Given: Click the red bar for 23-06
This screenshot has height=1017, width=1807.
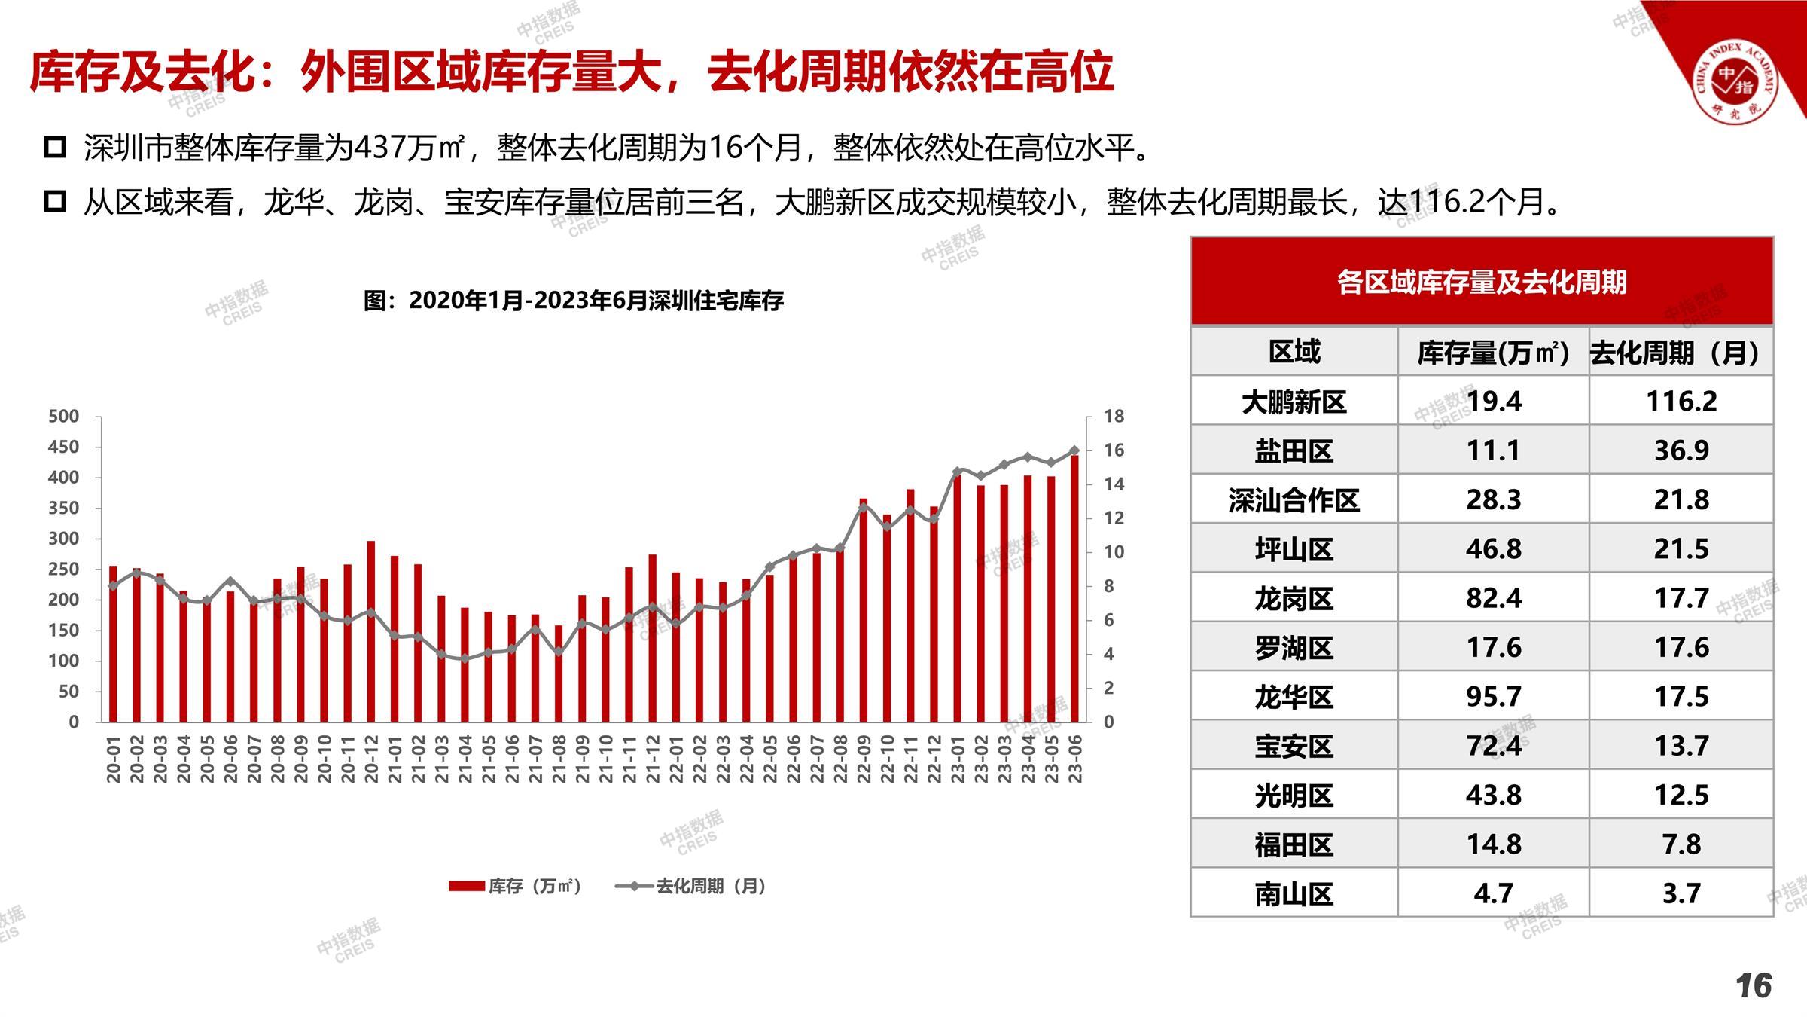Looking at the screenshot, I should click(x=1074, y=588).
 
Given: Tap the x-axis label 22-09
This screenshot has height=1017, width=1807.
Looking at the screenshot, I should click(x=864, y=759).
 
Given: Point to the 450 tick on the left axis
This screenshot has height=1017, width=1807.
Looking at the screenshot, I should click(x=63, y=447).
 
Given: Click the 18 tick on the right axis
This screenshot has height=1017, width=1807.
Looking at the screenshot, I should click(x=1114, y=416).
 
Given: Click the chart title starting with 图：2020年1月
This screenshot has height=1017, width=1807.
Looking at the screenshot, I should click(x=573, y=301).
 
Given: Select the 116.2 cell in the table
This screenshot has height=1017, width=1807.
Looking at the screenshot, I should click(x=1681, y=401).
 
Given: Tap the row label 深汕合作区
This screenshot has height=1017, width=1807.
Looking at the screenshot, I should click(x=1294, y=500).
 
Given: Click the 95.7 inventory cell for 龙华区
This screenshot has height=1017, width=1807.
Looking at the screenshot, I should click(x=1493, y=697).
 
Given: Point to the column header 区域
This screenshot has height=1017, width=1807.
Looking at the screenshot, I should click(x=1294, y=352).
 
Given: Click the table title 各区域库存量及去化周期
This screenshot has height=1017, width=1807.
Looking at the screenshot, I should click(x=1481, y=282).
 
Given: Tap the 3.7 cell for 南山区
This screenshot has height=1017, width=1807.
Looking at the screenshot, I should click(x=1681, y=893).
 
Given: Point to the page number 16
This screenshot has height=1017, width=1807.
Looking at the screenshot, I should click(x=1754, y=985).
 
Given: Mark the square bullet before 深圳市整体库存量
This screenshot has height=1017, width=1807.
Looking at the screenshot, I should click(x=55, y=147).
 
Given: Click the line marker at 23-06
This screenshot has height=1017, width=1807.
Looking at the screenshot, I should click(x=1074, y=450).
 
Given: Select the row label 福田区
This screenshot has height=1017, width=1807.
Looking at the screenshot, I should click(x=1294, y=844).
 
